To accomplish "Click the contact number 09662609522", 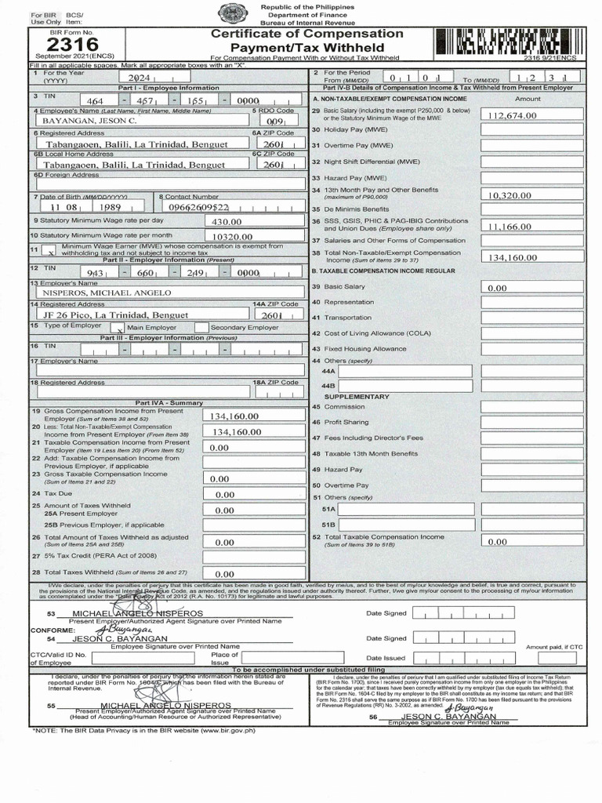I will click(201, 208).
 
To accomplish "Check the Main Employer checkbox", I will click(121, 328).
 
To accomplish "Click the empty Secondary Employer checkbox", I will click(201, 327).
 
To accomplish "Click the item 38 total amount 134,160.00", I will click(513, 257).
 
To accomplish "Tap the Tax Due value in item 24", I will click(225, 495).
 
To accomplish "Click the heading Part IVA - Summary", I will click(169, 402).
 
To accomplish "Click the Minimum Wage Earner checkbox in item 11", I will click(49, 253).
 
